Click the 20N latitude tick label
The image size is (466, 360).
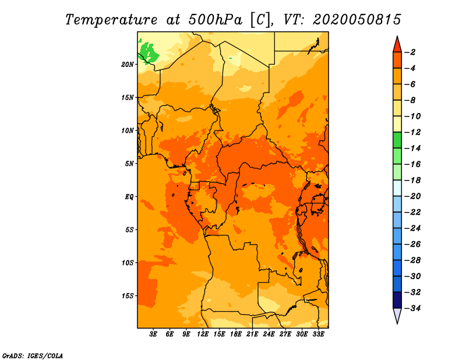(x=128, y=65)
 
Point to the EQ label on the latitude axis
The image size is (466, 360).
(x=129, y=197)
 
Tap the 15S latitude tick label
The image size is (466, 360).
(x=128, y=296)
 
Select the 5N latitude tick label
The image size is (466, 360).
(x=129, y=164)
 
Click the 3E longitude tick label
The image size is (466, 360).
(x=153, y=334)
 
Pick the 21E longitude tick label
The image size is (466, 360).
(x=252, y=334)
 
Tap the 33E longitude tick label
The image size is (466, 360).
(x=318, y=334)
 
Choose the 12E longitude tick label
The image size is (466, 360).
(x=202, y=334)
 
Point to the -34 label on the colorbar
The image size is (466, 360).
(x=412, y=308)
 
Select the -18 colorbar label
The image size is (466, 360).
(x=412, y=181)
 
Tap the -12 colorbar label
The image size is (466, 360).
(x=412, y=132)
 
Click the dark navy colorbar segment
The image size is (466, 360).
(x=397, y=300)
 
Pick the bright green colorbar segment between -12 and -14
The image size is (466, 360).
(x=397, y=140)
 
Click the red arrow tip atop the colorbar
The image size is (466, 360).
(x=397, y=37)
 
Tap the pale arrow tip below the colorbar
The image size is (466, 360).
(x=397, y=323)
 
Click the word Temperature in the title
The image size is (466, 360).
(x=111, y=20)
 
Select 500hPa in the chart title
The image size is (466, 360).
(x=216, y=20)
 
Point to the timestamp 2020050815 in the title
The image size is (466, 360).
(x=357, y=20)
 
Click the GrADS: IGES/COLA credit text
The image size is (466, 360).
(x=33, y=356)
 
